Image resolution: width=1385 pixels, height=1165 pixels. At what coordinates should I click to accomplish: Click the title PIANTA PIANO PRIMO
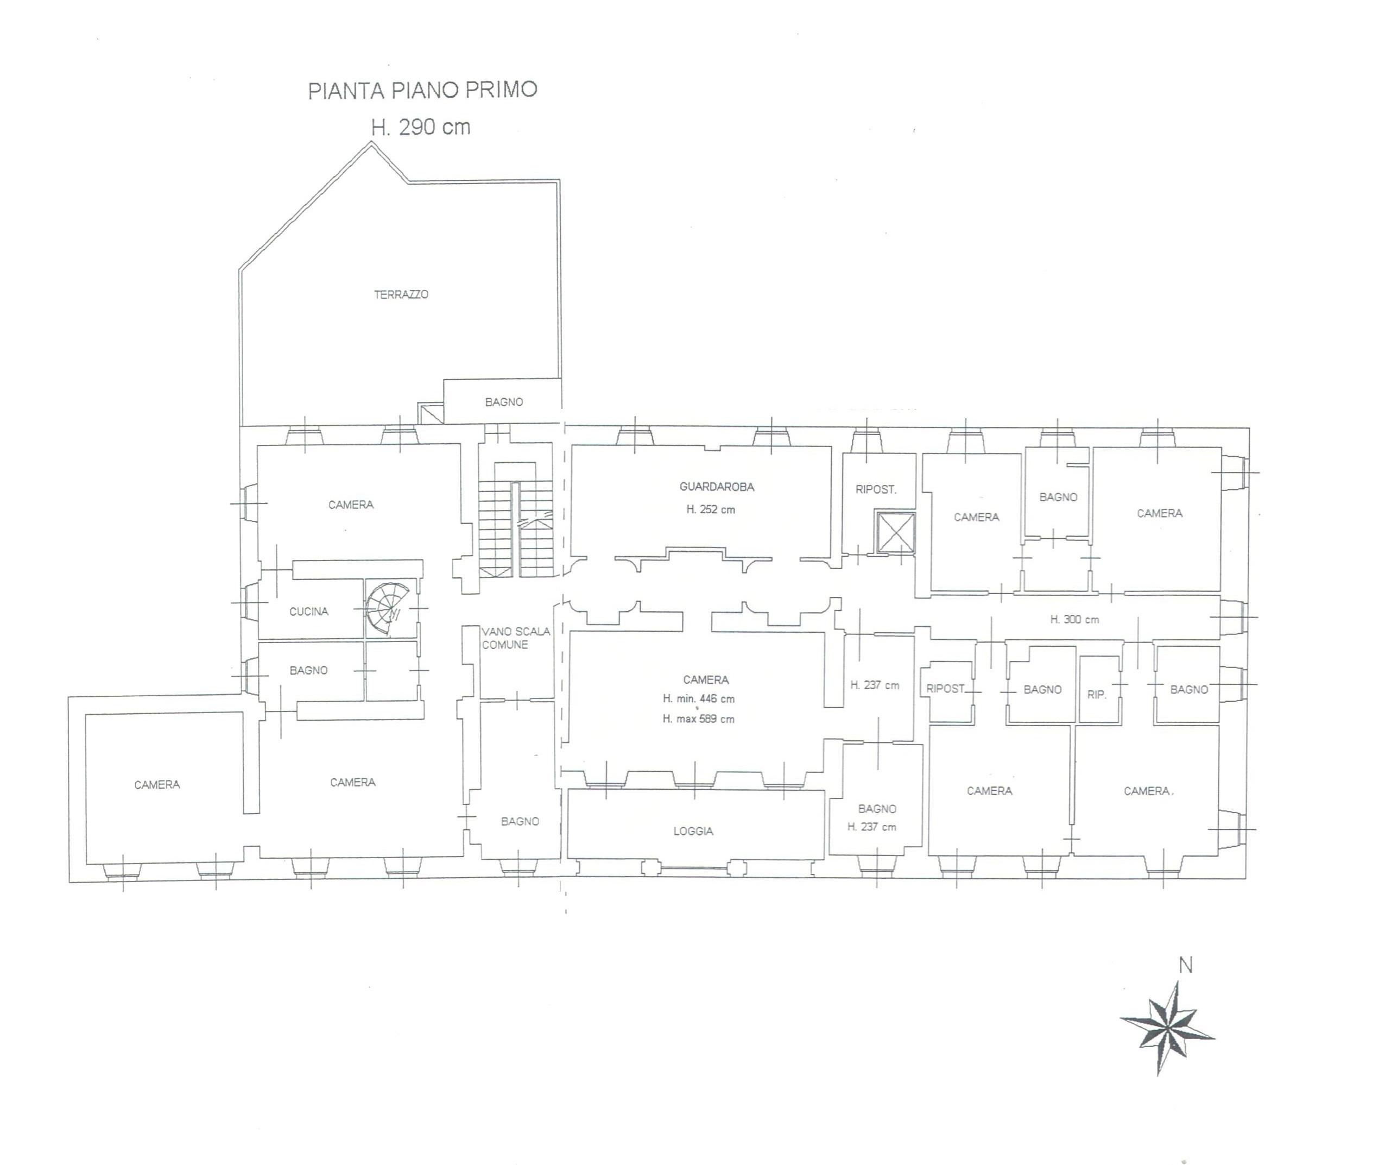[x=422, y=90]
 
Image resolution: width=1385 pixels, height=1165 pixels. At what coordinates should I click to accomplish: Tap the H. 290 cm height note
[x=421, y=126]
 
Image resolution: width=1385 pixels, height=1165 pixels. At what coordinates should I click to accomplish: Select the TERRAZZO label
[x=401, y=294]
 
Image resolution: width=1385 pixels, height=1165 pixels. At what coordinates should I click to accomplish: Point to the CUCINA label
[x=309, y=612]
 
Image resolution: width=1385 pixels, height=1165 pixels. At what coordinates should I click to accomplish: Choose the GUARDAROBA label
[x=717, y=487]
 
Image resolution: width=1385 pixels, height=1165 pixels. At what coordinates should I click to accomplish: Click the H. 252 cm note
[x=710, y=509]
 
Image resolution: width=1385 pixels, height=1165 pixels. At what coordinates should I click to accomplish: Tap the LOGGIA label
[x=693, y=832]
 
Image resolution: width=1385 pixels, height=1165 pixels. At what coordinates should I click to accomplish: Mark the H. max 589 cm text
[x=698, y=719]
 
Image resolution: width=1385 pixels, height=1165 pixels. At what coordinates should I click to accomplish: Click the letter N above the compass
[x=1186, y=966]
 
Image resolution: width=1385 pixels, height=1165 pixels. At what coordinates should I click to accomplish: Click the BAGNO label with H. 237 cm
[x=877, y=809]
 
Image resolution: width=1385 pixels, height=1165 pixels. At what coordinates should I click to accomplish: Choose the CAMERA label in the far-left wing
[x=157, y=785]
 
